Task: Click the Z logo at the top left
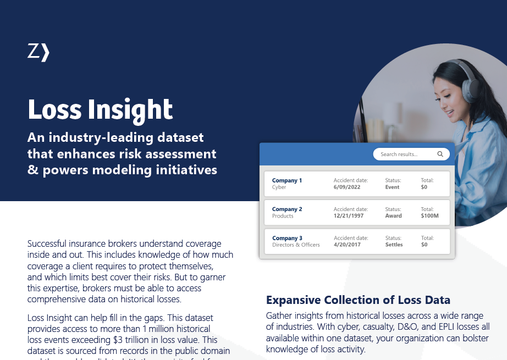38,52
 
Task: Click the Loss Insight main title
100,109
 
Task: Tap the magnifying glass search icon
440,154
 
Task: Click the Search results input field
404,154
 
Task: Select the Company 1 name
287,180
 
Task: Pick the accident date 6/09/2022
347,187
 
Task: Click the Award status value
394,216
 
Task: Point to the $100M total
429,216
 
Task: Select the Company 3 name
287,238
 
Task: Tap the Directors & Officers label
296,245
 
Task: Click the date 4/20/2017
347,245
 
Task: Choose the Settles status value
394,245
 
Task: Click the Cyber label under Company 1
279,187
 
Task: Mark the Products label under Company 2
283,216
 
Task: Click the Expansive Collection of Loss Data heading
358,300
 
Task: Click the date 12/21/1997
349,216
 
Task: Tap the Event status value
393,187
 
